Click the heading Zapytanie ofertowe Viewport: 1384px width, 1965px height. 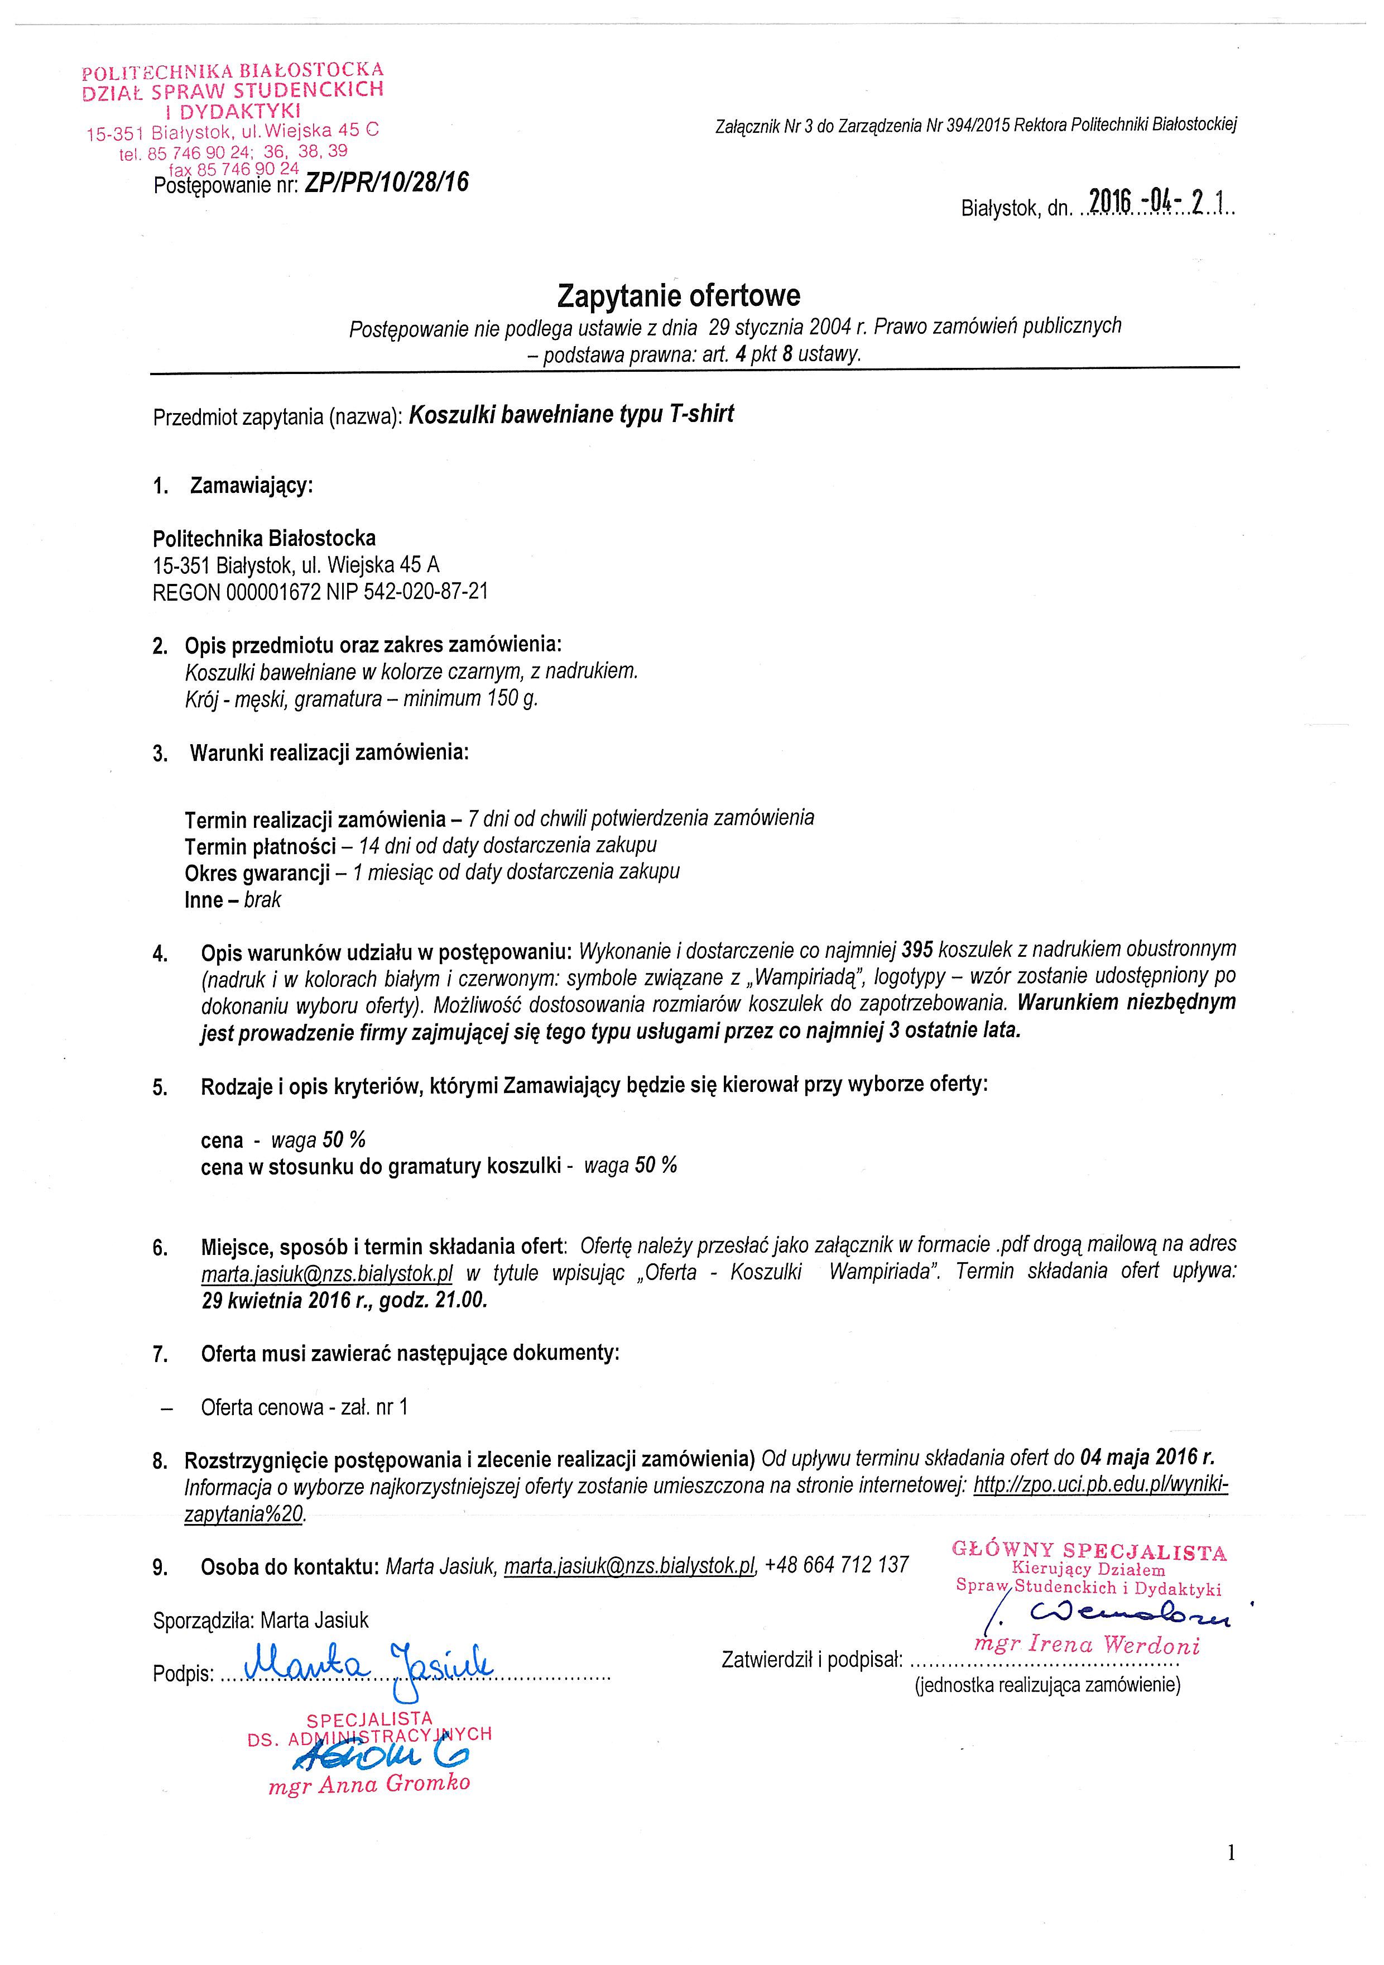(x=678, y=296)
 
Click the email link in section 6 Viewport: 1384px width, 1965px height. (x=327, y=1273)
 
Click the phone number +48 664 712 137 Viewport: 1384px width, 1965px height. (x=837, y=1565)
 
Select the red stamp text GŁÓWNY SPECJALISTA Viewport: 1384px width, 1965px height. (x=1089, y=1551)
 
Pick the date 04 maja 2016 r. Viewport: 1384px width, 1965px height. (x=1147, y=1456)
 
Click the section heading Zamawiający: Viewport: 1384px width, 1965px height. (x=252, y=486)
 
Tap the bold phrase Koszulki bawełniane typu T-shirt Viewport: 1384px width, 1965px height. (x=571, y=415)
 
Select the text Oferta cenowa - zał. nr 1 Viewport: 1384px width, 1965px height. (x=305, y=1407)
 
